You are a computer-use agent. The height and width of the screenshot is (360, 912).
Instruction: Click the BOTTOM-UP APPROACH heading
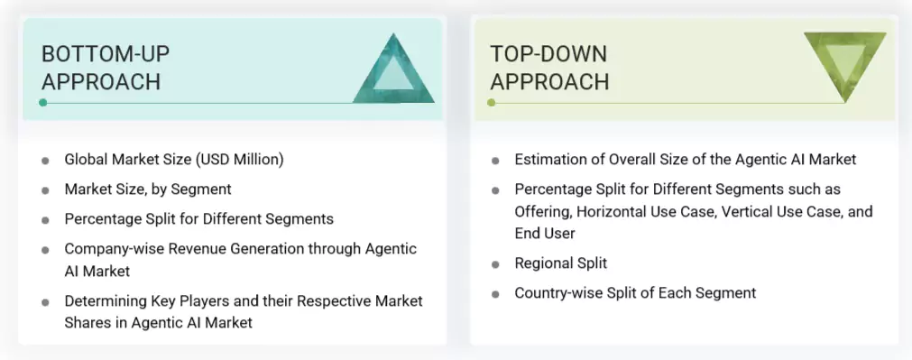pos(106,68)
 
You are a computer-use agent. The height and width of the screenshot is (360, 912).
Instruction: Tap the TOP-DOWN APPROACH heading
pos(549,68)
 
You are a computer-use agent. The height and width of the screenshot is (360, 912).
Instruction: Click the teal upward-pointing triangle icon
pos(393,71)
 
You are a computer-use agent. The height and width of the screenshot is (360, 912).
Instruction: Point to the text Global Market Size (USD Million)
pos(174,160)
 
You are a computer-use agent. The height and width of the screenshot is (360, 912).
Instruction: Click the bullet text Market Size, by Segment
pos(148,189)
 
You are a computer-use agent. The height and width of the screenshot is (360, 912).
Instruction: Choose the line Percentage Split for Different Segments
pos(198,219)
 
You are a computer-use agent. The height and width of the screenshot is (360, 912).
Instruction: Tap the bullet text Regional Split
pos(560,263)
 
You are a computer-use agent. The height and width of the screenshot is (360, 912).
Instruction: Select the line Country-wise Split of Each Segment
pos(635,293)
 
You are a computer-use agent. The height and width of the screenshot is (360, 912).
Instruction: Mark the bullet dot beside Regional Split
pos(495,264)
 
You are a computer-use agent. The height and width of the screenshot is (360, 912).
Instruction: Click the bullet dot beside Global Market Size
pos(45,161)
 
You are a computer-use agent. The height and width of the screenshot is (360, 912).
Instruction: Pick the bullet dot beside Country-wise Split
pos(495,294)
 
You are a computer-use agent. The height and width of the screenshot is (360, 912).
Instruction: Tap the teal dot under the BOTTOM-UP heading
pos(42,103)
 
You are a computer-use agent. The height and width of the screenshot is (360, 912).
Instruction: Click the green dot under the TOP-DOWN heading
pos(491,103)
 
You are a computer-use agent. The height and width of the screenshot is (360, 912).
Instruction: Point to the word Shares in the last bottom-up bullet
pos(88,322)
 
